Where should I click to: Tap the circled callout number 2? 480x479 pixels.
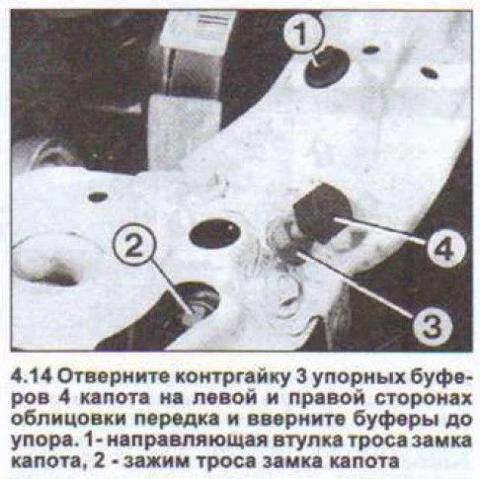pyautogui.click(x=134, y=245)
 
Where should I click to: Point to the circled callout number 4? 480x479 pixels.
pyautogui.click(x=446, y=247)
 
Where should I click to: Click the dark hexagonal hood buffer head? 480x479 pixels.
pyautogui.click(x=322, y=212)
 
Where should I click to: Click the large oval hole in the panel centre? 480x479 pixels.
pyautogui.click(x=215, y=233)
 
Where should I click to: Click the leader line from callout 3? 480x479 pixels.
pyautogui.click(x=355, y=284)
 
